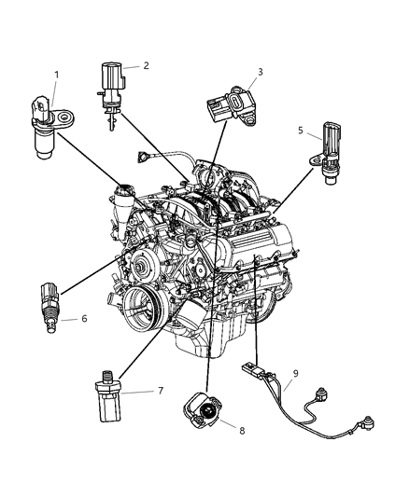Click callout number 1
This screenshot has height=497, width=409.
[x=57, y=75]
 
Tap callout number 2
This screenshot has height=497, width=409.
[x=146, y=65]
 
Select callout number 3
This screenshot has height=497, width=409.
[x=261, y=72]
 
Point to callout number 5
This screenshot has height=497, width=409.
[x=301, y=131]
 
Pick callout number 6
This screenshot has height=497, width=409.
[x=84, y=318]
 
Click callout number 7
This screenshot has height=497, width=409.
[x=161, y=391]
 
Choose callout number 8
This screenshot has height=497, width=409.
[x=242, y=431]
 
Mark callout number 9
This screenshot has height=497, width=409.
[x=296, y=373]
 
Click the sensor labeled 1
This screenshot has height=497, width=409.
[x=50, y=127]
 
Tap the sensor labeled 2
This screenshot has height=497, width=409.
[x=111, y=95]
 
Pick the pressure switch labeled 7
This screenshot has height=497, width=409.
[x=108, y=396]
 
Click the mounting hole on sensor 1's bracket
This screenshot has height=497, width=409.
[x=65, y=117]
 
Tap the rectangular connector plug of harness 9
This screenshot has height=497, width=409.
[x=251, y=369]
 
